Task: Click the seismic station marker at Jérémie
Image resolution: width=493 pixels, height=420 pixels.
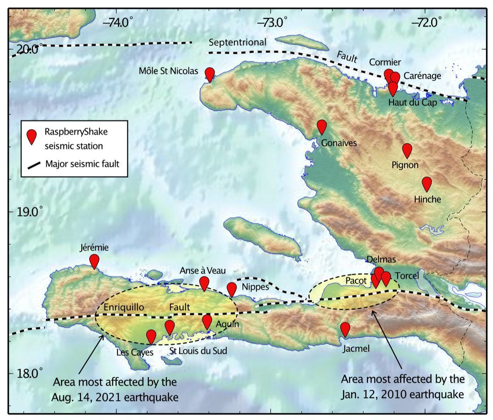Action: pyautogui.click(x=94, y=261)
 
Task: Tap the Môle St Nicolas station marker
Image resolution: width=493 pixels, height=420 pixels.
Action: pyautogui.click(x=210, y=74)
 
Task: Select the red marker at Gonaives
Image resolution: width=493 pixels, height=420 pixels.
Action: pyautogui.click(x=322, y=126)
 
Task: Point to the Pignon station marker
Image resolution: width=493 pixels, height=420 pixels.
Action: pyautogui.click(x=407, y=150)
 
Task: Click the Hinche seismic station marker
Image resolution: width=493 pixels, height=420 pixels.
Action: pyautogui.click(x=427, y=184)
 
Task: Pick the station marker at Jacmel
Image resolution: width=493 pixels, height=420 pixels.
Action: pyautogui.click(x=345, y=329)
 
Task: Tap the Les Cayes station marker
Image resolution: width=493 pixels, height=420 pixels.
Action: pyautogui.click(x=151, y=336)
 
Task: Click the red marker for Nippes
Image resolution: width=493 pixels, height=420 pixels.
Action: pyautogui.click(x=232, y=289)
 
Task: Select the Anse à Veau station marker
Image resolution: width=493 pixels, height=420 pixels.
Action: pyautogui.click(x=204, y=283)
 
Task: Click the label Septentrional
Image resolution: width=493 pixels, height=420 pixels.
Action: pyautogui.click(x=237, y=42)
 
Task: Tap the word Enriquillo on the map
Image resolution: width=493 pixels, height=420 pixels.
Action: pyautogui.click(x=124, y=307)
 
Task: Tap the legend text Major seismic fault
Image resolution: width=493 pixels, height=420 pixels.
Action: pyautogui.click(x=82, y=164)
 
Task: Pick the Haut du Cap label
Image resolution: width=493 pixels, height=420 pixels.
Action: pyautogui.click(x=409, y=102)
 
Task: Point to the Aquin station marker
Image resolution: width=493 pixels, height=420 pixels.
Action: pyautogui.click(x=207, y=322)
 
